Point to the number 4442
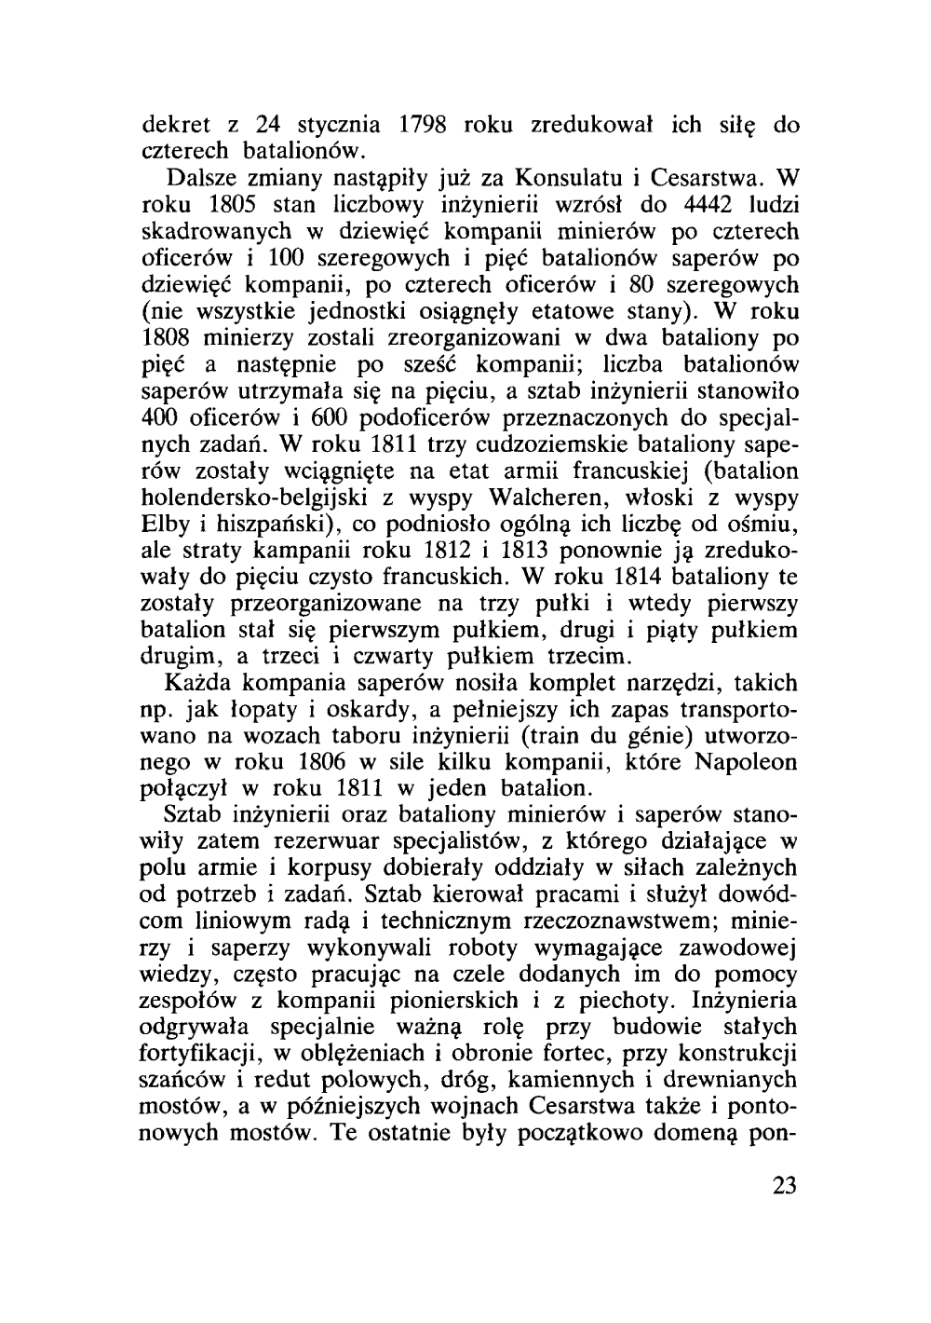[x=681, y=203]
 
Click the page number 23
[x=784, y=1186]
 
